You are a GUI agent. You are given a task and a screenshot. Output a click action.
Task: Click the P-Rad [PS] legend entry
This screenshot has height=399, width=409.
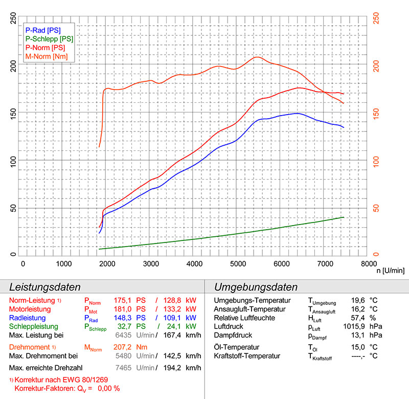click(x=43, y=30)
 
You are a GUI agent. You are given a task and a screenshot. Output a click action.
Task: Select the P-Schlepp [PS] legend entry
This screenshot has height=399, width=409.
click(x=49, y=39)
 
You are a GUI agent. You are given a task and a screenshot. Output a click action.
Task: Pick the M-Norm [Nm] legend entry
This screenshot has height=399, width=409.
click(x=46, y=56)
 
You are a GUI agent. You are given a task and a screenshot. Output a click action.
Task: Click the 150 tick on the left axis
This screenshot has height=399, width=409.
click(x=13, y=112)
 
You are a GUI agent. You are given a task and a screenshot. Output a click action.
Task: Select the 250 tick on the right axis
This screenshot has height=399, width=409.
click(x=377, y=16)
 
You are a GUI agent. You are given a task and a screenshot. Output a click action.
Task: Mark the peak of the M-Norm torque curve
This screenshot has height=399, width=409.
click(x=257, y=57)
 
